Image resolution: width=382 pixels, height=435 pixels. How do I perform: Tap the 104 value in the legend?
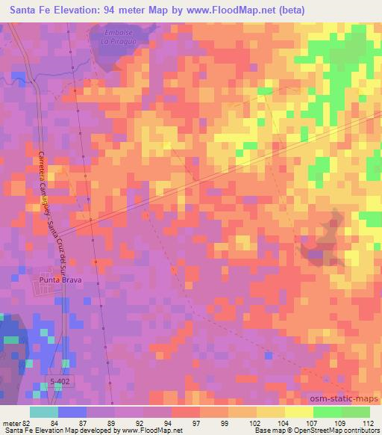(284, 423)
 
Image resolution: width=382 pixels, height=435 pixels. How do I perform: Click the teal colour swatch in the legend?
(44, 412)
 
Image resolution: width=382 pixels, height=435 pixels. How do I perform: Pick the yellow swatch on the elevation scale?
(298, 412)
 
